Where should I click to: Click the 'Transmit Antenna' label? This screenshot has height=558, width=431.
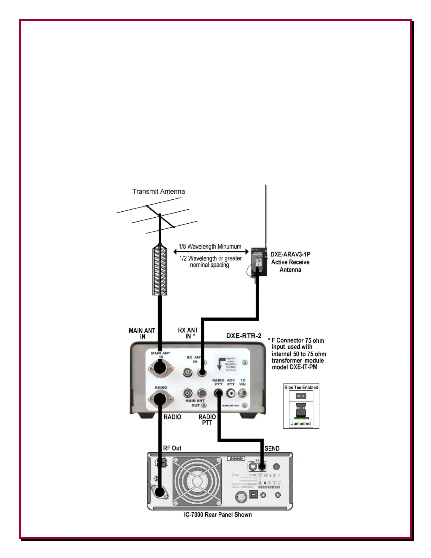[158, 192]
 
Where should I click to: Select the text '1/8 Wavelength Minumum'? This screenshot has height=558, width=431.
[210, 247]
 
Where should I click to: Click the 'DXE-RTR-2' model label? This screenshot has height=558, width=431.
[244, 336]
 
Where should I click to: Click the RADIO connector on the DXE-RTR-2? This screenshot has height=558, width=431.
[161, 399]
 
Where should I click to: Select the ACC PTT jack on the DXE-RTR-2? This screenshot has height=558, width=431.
[231, 393]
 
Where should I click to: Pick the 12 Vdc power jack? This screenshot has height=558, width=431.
[243, 393]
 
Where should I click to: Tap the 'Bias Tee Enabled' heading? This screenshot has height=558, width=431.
[301, 387]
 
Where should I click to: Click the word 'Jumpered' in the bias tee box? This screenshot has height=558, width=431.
[301, 424]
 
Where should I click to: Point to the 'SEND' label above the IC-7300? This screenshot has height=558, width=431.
[272, 448]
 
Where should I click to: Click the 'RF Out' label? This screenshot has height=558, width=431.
[172, 448]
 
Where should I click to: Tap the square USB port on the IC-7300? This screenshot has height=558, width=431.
[253, 494]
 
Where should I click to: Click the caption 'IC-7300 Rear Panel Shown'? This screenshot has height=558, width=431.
[218, 515]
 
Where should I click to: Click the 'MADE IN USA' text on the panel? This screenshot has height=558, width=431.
[230, 405]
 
